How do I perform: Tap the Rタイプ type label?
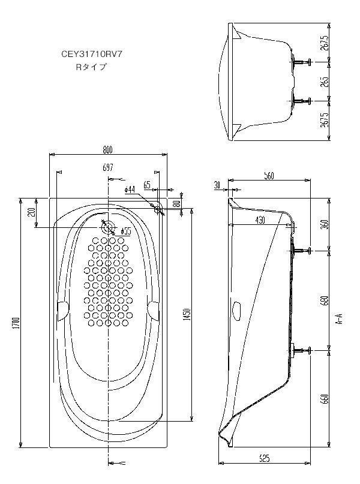click(x=90, y=67)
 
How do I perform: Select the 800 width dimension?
click(x=108, y=150)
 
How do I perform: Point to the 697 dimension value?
click(x=108, y=169)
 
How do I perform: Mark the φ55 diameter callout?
click(x=126, y=231)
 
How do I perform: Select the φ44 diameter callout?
click(x=130, y=189)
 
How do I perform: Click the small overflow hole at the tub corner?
click(x=158, y=208)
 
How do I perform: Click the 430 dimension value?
click(x=260, y=220)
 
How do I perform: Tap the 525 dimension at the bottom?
click(x=264, y=458)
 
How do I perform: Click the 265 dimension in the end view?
click(x=325, y=81)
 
